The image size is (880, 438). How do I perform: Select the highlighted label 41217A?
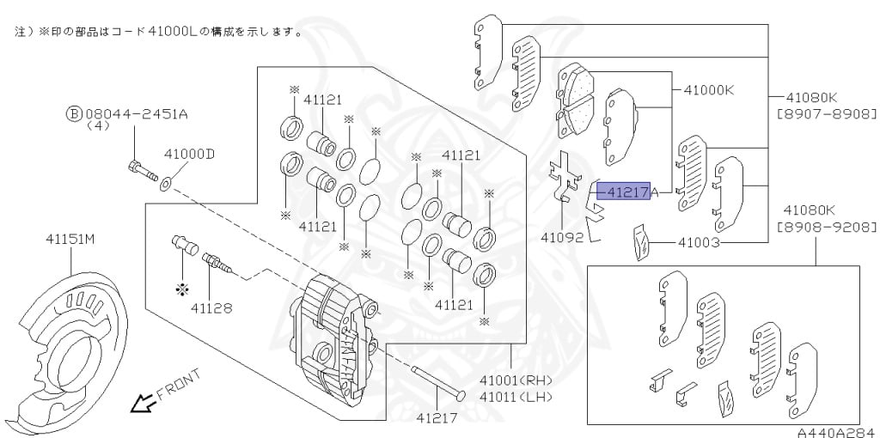[x=627, y=192]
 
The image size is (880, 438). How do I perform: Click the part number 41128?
[x=211, y=307]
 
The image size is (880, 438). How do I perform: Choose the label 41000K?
[x=709, y=89]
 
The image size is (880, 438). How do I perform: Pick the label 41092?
[x=563, y=236]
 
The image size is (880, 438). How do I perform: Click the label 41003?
[x=699, y=243]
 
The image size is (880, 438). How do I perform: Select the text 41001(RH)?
[x=516, y=380]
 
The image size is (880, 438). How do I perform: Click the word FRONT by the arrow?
[x=178, y=384]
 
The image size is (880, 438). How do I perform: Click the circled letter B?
[x=75, y=113]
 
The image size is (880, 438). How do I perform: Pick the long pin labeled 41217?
[x=438, y=383]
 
